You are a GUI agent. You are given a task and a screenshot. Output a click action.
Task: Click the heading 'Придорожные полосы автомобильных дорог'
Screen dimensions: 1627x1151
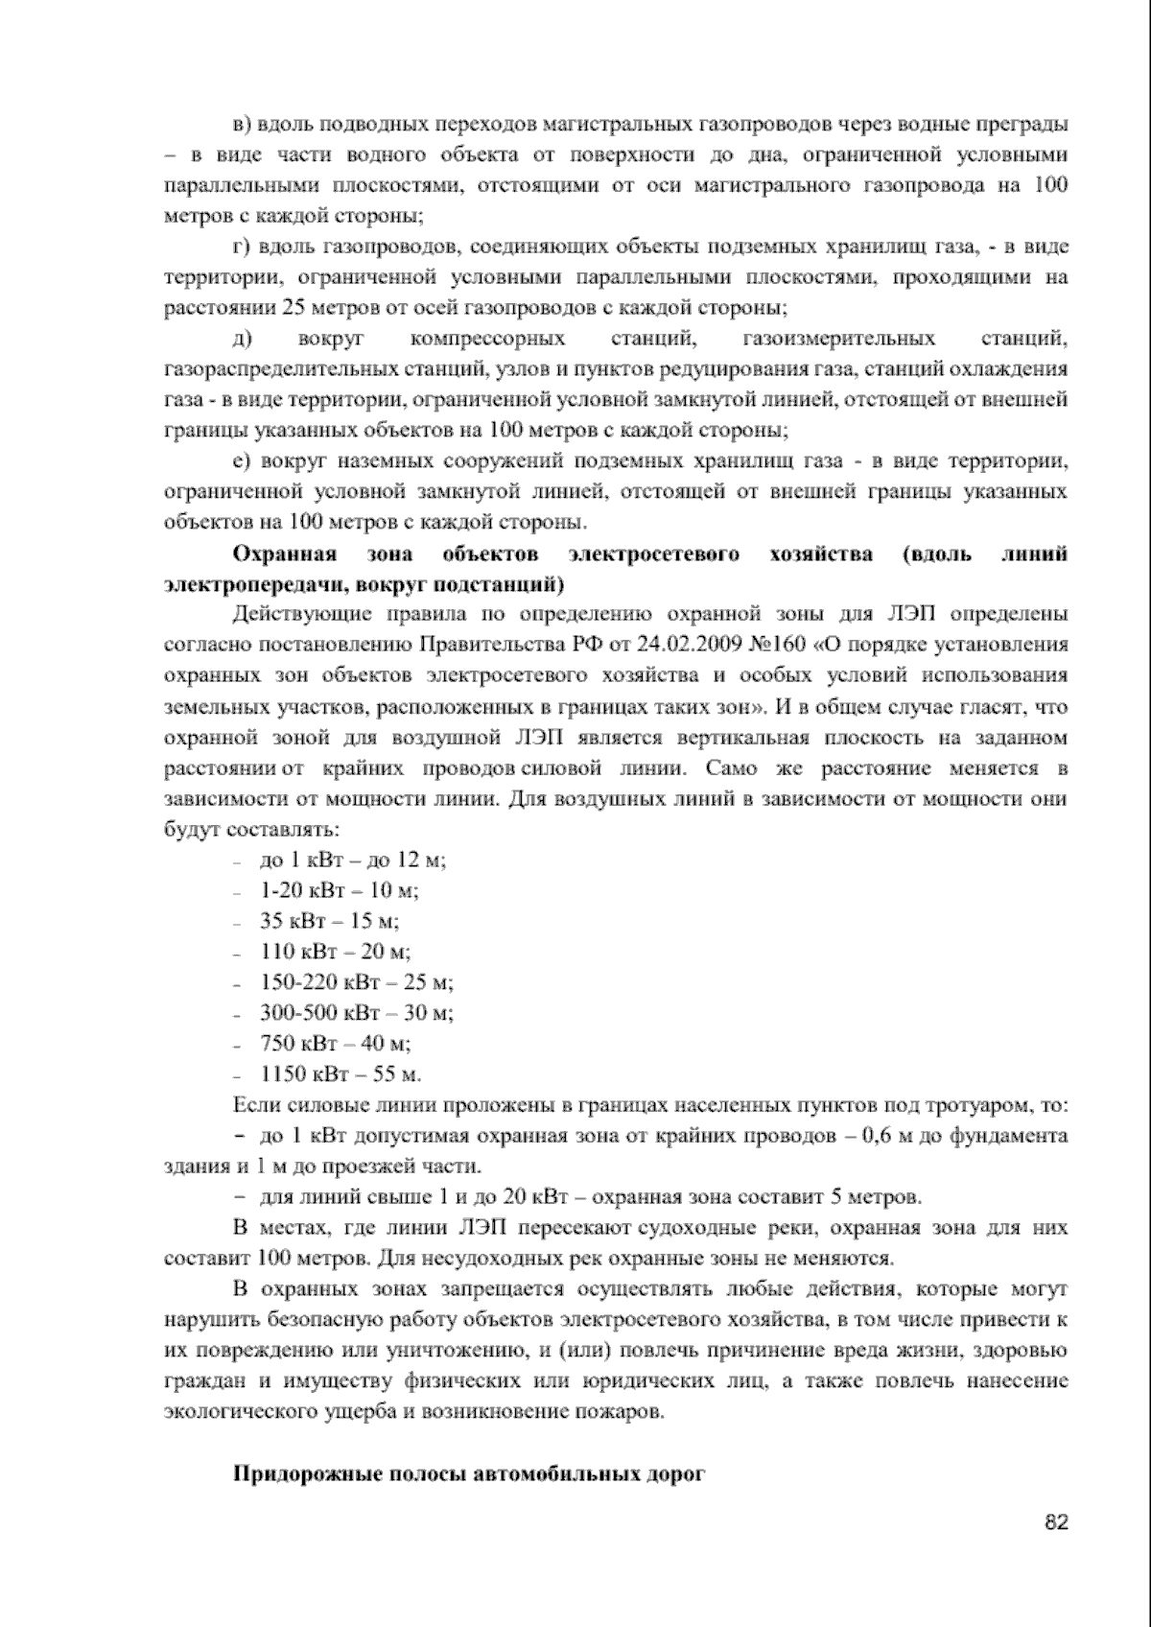[469, 1474]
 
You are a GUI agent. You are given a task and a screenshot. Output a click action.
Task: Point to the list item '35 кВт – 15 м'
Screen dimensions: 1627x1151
[329, 921]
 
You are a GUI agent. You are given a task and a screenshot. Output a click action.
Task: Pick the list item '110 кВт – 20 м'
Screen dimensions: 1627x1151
[335, 952]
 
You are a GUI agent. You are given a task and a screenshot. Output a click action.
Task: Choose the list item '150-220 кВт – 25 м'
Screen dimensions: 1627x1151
[356, 982]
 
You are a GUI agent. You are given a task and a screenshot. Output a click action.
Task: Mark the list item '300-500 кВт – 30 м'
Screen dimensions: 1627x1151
[356, 1013]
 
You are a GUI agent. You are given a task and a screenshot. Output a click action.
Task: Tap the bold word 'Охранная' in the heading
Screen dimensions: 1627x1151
[285, 554]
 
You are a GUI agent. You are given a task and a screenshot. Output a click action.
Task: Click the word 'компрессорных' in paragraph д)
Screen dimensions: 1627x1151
[487, 339]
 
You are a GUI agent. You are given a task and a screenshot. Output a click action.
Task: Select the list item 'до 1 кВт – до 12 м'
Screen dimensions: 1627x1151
[353, 860]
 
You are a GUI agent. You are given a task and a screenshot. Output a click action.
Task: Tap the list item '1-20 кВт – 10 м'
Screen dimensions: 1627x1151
[340, 890]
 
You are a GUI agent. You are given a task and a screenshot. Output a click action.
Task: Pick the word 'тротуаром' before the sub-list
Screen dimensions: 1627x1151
[978, 1105]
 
